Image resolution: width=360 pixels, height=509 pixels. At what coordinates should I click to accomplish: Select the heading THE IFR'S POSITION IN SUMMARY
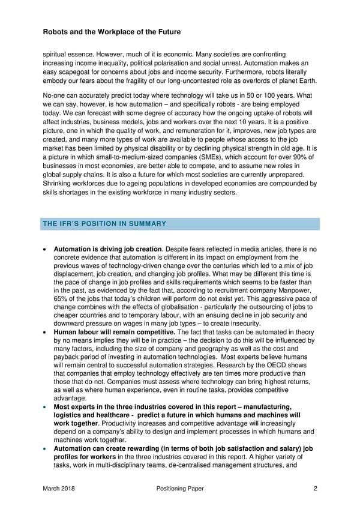tap(104, 224)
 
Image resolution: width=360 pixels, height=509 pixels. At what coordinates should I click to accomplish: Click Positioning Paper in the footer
tap(175, 489)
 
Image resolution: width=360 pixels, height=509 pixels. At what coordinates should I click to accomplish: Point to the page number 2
tap(315, 489)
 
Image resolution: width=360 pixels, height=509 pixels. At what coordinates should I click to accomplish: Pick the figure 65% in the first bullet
tap(62, 299)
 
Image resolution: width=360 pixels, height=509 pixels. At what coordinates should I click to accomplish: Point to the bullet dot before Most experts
tap(46, 408)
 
